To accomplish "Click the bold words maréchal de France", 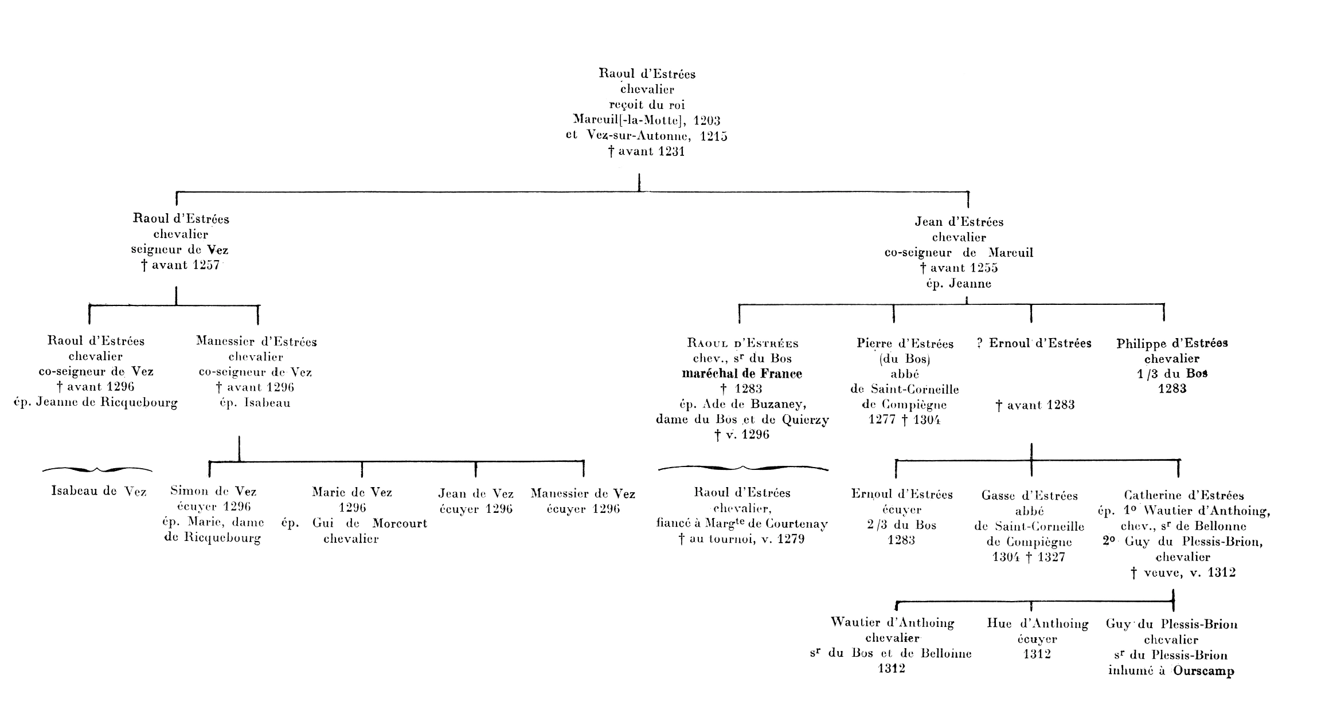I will click(742, 374).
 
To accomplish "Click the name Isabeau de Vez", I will click(99, 491).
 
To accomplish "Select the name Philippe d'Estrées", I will click(1172, 343).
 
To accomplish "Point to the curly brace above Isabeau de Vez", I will click(97, 469).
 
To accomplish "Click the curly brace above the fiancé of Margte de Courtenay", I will click(743, 468).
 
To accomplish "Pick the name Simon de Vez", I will click(213, 491).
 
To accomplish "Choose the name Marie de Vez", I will click(352, 492).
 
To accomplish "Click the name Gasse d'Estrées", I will click(1030, 495).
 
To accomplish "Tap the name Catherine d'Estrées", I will click(1184, 495).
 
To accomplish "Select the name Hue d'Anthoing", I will click(1038, 623).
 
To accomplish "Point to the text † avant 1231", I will click(647, 152).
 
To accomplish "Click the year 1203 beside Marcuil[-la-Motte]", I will click(706, 120).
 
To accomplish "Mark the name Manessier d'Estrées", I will click(256, 342).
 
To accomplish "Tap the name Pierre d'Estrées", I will click(905, 343).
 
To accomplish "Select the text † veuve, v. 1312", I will click(1183, 572).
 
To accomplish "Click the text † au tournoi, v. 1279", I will click(742, 539).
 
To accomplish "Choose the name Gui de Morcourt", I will click(369, 523).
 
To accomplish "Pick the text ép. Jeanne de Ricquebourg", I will click(96, 402).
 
